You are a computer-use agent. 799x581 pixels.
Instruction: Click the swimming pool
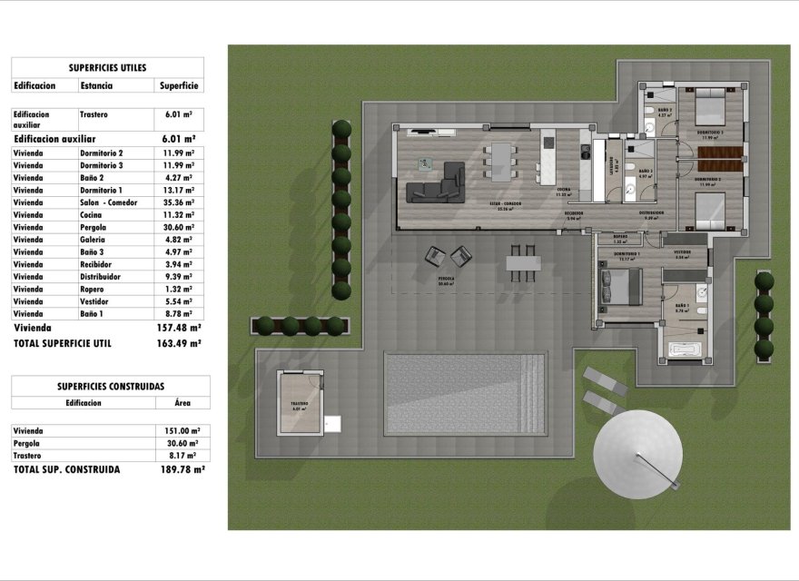pyautogui.click(x=464, y=393)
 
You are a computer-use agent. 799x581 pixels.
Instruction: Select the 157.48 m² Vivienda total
pyautogui.click(x=179, y=327)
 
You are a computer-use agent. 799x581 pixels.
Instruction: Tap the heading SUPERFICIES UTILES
pyautogui.click(x=107, y=67)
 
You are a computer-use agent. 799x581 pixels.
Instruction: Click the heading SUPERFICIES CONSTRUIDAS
pyautogui.click(x=110, y=386)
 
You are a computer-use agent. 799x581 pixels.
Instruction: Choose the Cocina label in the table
pyautogui.click(x=92, y=215)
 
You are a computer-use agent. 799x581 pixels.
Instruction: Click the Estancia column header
pyautogui.click(x=96, y=85)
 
